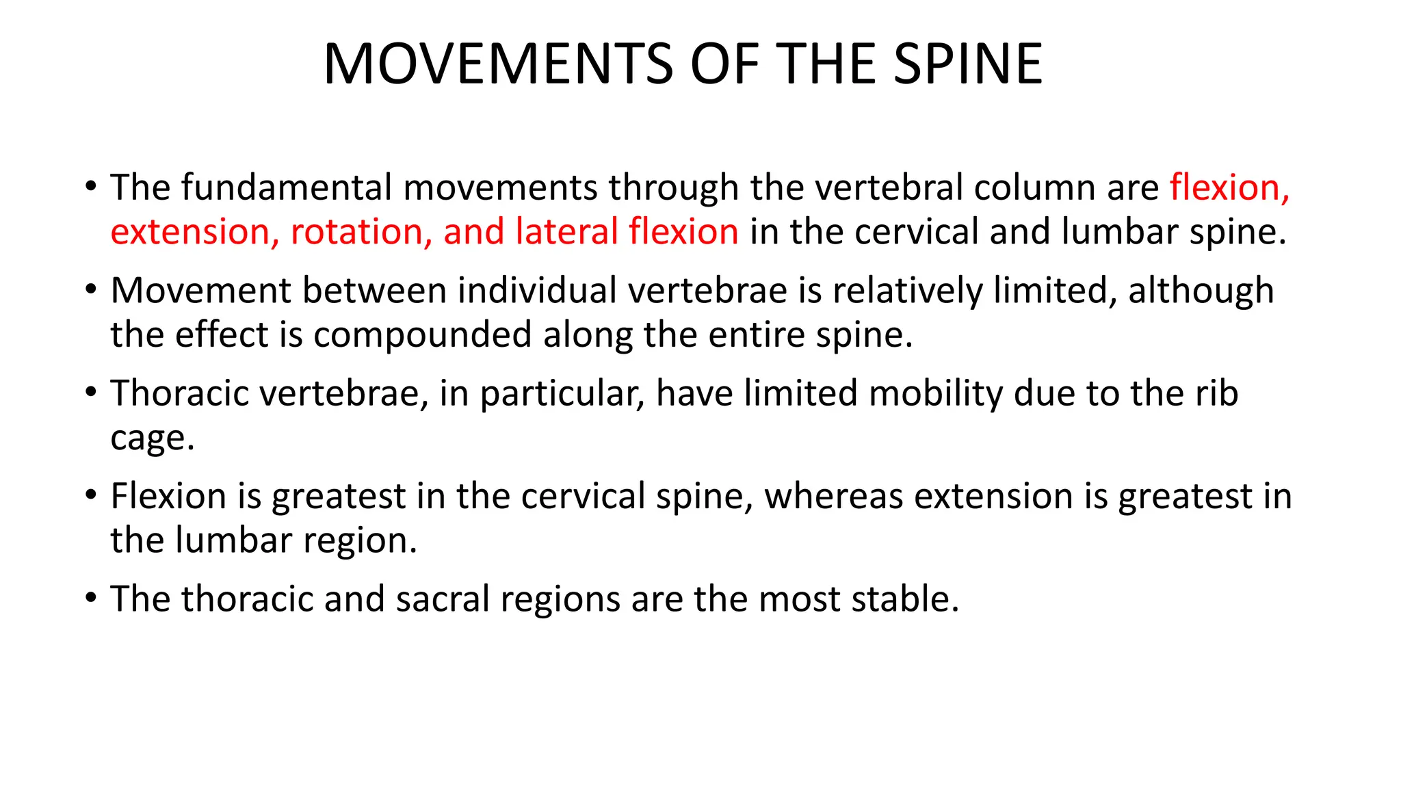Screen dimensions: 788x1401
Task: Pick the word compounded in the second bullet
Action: [x=422, y=335]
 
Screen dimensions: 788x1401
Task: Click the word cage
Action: [x=152, y=439]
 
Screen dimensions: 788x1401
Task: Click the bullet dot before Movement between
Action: [x=91, y=290]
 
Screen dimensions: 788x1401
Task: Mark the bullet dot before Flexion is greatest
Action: [x=91, y=495]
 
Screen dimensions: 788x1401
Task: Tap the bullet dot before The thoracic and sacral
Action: [x=91, y=599]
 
